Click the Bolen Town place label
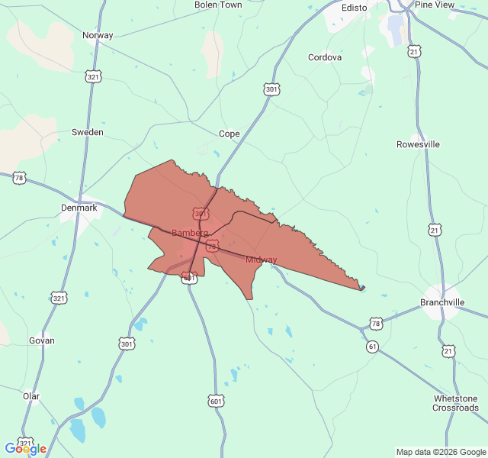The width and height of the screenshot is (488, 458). pyautogui.click(x=218, y=5)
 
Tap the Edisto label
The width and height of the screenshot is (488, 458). pyautogui.click(x=354, y=8)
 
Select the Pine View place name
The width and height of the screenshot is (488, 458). pyautogui.click(x=434, y=5)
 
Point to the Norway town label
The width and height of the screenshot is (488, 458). pyautogui.click(x=98, y=35)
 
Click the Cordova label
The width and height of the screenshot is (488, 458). pyautogui.click(x=325, y=57)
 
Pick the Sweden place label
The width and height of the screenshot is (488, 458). pyautogui.click(x=87, y=132)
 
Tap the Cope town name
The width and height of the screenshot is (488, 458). pyautogui.click(x=229, y=134)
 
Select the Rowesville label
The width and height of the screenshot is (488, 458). pyautogui.click(x=419, y=144)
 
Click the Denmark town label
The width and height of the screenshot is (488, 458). pyautogui.click(x=79, y=208)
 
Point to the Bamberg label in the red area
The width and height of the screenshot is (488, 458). pyautogui.click(x=190, y=233)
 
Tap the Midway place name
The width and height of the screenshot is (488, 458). pyautogui.click(x=262, y=260)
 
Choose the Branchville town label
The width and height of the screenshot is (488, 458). pyautogui.click(x=442, y=303)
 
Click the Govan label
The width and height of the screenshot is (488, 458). pyautogui.click(x=41, y=340)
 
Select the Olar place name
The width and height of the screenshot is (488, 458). pyautogui.click(x=31, y=396)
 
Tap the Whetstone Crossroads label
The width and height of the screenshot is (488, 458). pyautogui.click(x=456, y=403)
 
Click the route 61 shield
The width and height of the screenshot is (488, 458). pyautogui.click(x=372, y=347)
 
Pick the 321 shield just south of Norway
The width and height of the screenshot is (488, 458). pyautogui.click(x=94, y=77)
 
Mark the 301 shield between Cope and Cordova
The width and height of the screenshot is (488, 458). pyautogui.click(x=271, y=90)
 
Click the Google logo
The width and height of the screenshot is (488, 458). pyautogui.click(x=25, y=449)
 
